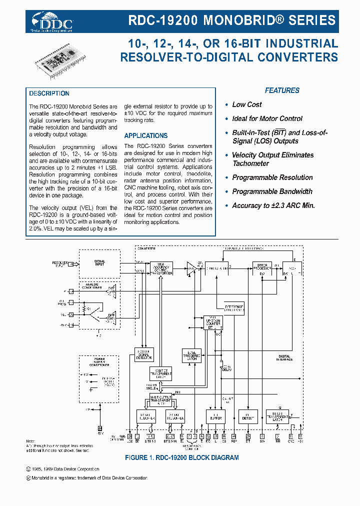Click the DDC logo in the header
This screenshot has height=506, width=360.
click(x=52, y=22)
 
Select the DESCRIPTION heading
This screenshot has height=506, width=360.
click(x=49, y=93)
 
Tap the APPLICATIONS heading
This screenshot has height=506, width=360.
click(x=145, y=135)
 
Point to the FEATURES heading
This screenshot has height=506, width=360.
click(x=282, y=90)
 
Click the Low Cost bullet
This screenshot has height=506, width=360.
click(x=246, y=104)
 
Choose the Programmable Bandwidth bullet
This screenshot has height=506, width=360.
click(x=272, y=191)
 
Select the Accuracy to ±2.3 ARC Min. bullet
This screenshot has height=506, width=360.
click(x=273, y=205)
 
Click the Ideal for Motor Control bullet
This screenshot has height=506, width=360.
click(x=267, y=118)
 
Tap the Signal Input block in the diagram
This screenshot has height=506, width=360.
click(x=99, y=262)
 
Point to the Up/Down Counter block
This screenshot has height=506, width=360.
click(x=213, y=322)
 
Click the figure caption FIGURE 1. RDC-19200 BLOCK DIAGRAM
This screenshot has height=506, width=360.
click(x=181, y=457)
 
